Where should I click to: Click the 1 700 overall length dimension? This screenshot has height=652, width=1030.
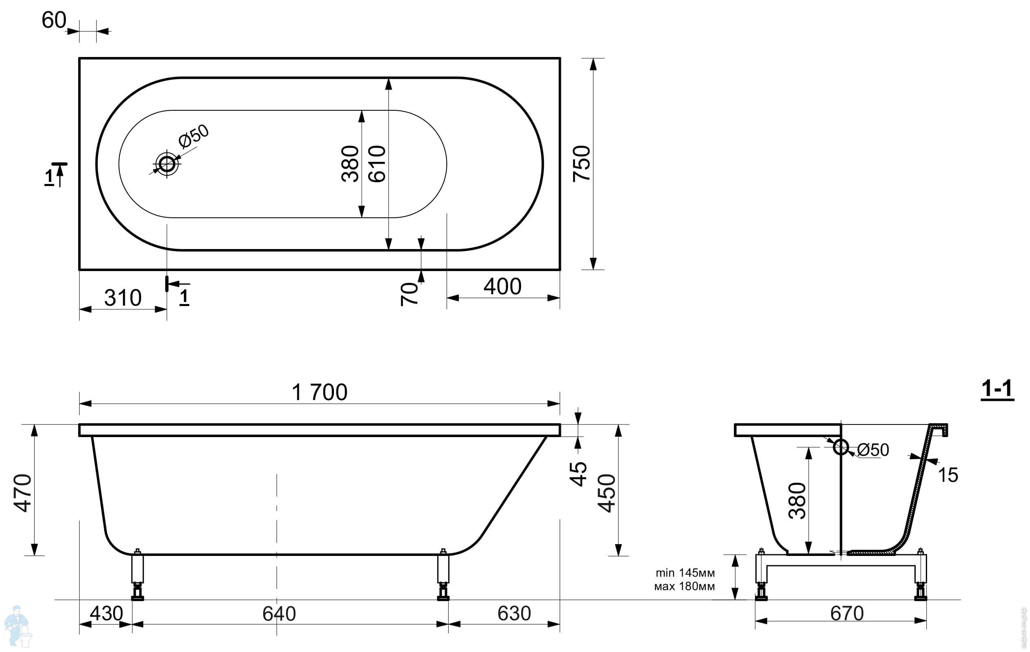click(319, 392)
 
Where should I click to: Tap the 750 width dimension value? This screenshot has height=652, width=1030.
click(582, 164)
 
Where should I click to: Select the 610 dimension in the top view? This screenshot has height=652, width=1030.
click(377, 164)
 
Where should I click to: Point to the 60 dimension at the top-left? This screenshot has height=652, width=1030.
click(54, 20)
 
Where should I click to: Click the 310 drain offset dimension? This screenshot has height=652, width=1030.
click(123, 298)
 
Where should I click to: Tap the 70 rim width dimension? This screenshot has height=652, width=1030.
click(409, 294)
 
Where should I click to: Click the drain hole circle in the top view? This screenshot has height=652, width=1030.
click(167, 164)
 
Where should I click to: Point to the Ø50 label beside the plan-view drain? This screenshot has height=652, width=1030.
click(194, 136)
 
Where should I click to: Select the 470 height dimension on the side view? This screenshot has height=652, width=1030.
click(23, 493)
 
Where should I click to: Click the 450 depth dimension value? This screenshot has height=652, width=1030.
click(606, 493)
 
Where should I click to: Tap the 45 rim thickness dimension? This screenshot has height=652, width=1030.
click(578, 474)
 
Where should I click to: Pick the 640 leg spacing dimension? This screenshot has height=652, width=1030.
click(279, 614)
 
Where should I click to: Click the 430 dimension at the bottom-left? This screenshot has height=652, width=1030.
click(107, 613)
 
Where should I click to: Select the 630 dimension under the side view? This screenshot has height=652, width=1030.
click(514, 613)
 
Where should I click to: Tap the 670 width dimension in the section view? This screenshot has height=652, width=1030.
click(847, 613)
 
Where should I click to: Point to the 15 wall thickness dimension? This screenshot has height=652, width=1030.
click(948, 475)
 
